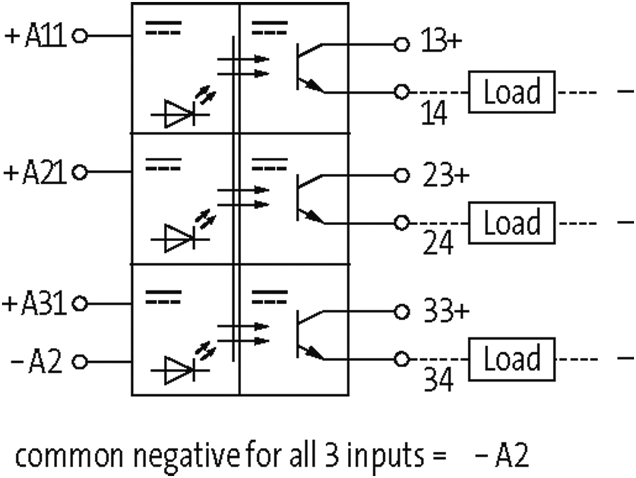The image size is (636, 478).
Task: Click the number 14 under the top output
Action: tap(436, 114)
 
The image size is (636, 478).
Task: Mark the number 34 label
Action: tap(439, 381)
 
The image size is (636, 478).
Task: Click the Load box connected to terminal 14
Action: tap(512, 92)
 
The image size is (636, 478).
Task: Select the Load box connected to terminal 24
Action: tap(512, 223)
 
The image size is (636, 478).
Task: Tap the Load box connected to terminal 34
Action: tap(512, 359)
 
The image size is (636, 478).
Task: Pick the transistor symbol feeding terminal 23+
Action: tap(309, 197)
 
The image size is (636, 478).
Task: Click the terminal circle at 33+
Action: tap(401, 313)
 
